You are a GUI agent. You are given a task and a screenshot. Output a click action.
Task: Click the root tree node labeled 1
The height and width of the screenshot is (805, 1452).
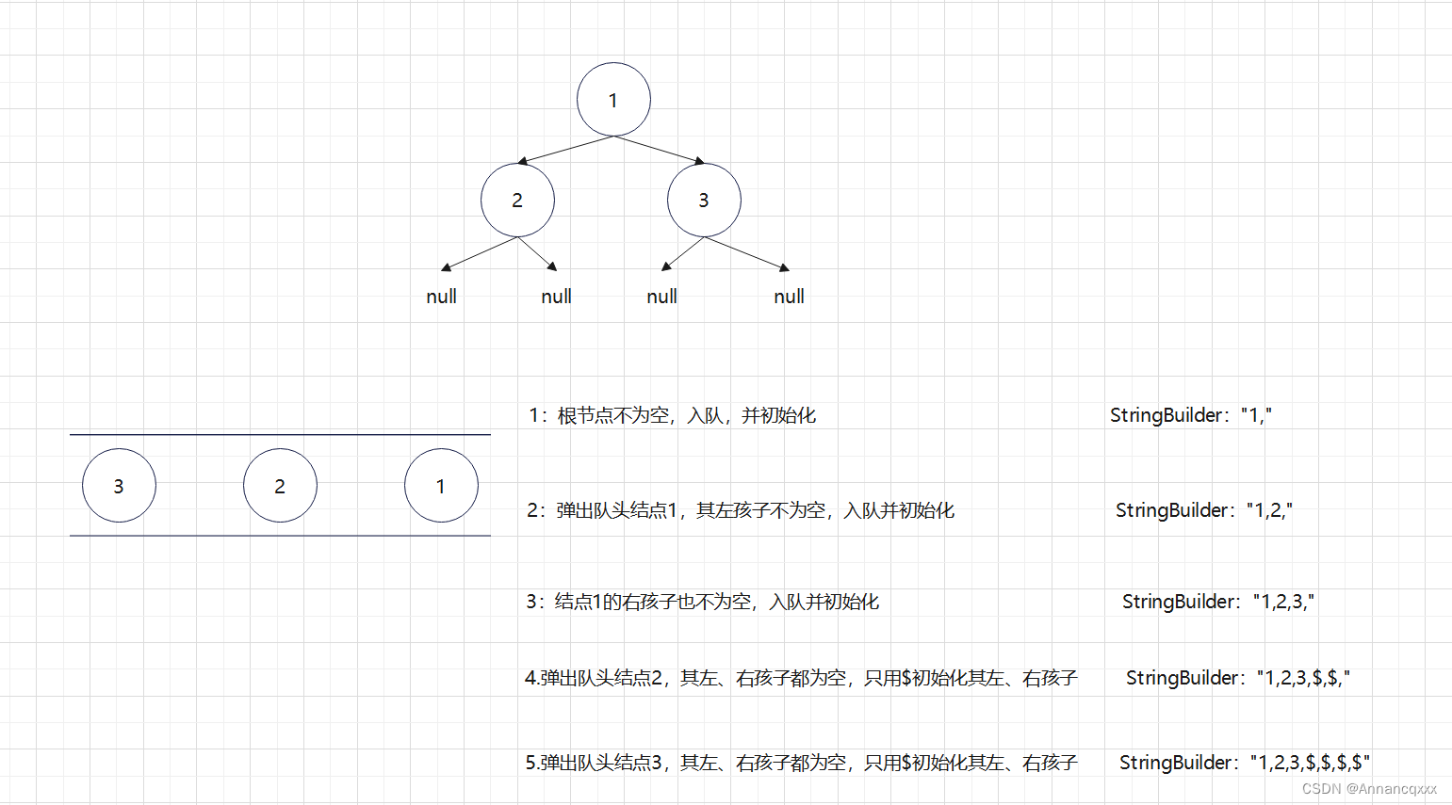pyautogui.click(x=613, y=100)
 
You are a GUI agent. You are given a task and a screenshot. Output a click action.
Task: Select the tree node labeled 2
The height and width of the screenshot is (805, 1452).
pyautogui.click(x=517, y=200)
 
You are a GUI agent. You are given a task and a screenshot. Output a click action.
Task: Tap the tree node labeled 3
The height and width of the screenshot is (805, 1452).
pyautogui.click(x=704, y=200)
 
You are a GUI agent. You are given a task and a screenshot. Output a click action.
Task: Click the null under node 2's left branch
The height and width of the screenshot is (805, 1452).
pyautogui.click(x=441, y=297)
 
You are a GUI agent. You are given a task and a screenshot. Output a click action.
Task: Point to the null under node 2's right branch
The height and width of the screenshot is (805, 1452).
pyautogui.click(x=556, y=297)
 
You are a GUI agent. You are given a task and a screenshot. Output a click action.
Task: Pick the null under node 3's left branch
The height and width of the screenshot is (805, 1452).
pyautogui.click(x=661, y=297)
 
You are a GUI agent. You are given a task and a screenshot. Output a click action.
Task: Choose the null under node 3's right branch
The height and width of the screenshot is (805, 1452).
pyautogui.click(x=789, y=297)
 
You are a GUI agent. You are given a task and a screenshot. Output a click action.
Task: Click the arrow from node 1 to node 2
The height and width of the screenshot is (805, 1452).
pyautogui.click(x=565, y=151)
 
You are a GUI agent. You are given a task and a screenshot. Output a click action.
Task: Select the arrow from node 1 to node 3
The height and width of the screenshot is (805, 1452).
pyautogui.click(x=659, y=151)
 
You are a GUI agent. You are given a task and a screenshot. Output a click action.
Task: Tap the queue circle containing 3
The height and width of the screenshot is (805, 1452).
pyautogui.click(x=119, y=486)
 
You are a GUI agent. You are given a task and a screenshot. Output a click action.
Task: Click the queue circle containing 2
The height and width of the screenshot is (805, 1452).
pyautogui.click(x=280, y=486)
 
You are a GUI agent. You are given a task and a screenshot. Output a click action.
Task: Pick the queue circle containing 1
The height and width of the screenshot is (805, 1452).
pyautogui.click(x=441, y=486)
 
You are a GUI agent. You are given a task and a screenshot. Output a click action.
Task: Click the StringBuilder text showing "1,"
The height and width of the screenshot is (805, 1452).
pyautogui.click(x=1191, y=415)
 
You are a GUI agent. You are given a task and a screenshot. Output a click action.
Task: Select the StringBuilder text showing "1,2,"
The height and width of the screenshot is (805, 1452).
pyautogui.click(x=1204, y=510)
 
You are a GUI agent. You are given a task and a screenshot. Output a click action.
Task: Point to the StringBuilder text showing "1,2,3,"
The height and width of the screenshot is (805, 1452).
pyautogui.click(x=1218, y=602)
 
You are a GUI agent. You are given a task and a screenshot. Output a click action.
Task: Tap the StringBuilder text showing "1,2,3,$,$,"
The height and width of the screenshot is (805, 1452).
pyautogui.click(x=1238, y=678)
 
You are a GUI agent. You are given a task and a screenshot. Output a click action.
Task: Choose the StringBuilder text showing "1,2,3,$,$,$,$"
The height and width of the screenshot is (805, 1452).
pyautogui.click(x=1245, y=763)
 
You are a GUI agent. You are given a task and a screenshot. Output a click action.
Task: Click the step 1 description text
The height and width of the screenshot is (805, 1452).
pyautogui.click(x=673, y=415)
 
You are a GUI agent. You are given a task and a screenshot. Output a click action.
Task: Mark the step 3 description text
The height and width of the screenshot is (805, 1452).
pyautogui.click(x=703, y=602)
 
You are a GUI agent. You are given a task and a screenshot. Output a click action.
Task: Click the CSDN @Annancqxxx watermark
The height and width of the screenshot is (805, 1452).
pyautogui.click(x=1370, y=789)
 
